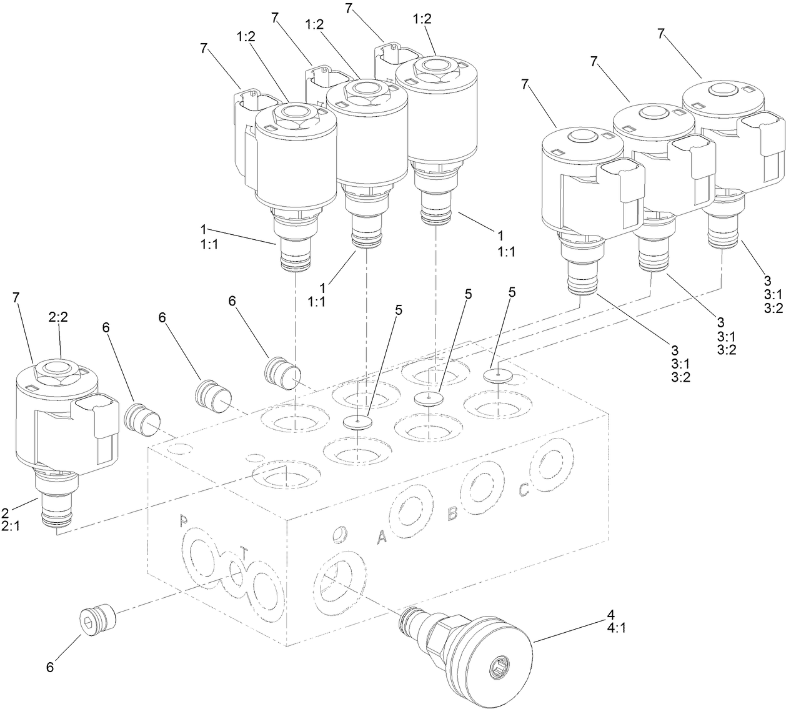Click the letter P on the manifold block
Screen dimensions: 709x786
(184, 520)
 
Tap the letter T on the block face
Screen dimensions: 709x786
(244, 553)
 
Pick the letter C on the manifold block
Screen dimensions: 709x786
(524, 491)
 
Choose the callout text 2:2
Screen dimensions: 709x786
(58, 335)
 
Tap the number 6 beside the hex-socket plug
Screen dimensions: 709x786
(50, 667)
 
